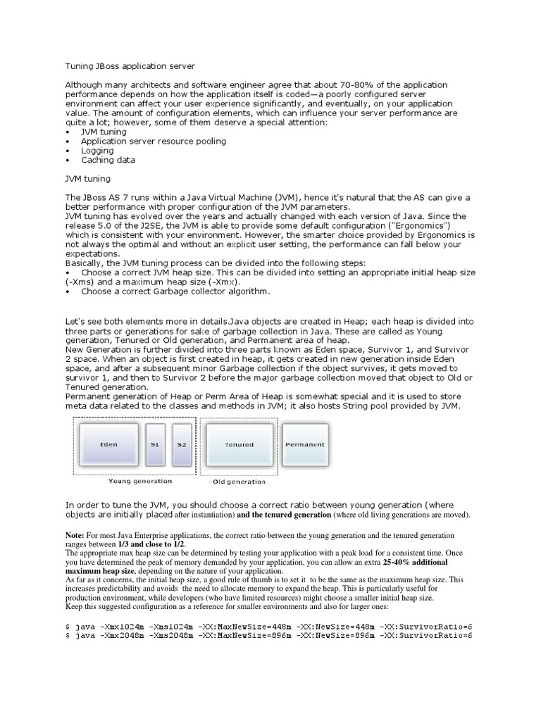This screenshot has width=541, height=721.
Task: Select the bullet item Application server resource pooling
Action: [153, 141]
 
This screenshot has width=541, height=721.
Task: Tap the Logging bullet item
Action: [97, 150]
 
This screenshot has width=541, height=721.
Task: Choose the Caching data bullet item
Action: [108, 160]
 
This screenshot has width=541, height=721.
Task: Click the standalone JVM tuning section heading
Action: [89, 178]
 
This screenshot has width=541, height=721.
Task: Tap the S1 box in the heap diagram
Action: [155, 444]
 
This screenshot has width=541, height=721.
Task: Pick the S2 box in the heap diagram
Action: [182, 444]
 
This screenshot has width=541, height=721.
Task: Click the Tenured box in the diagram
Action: [239, 444]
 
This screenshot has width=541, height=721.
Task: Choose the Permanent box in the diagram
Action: [304, 444]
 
